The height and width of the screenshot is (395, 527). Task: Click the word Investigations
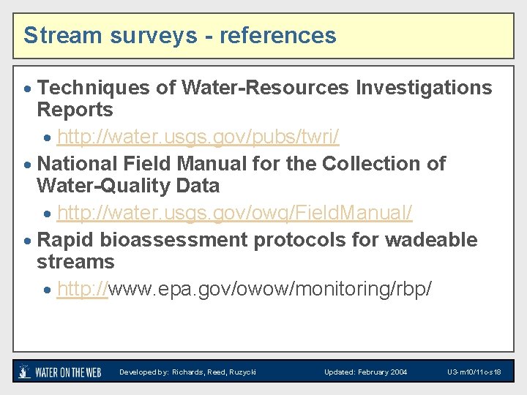point(424,88)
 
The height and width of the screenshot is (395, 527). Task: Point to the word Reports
point(75,110)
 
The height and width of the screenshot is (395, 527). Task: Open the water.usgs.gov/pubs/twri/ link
point(198,137)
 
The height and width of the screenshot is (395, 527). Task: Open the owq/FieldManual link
point(234,213)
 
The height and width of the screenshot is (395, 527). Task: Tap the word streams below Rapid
point(75,262)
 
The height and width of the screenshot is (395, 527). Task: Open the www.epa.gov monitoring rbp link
point(244,289)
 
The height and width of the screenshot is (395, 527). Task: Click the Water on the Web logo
point(59,372)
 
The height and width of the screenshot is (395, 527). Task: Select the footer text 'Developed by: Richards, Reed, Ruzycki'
point(188,372)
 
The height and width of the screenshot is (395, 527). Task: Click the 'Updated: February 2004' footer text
point(366,372)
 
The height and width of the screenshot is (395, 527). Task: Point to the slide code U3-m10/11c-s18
point(474,372)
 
